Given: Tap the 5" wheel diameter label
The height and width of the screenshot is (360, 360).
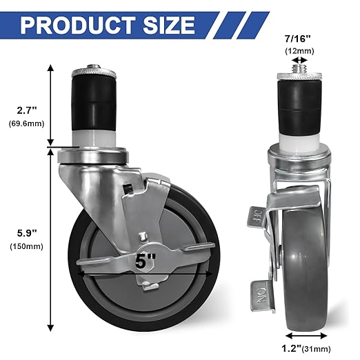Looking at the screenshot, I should click(x=146, y=263).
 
